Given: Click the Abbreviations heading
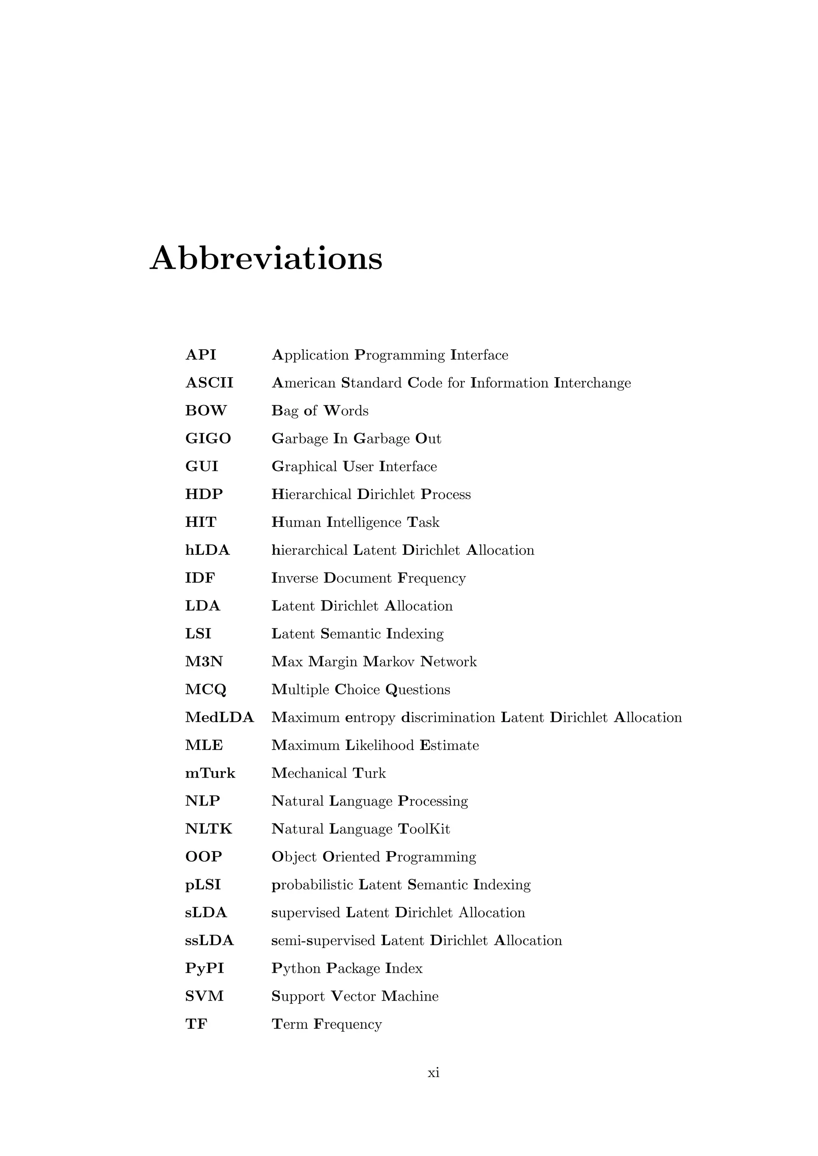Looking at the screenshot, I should (266, 258).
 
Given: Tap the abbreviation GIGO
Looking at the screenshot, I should (208, 439).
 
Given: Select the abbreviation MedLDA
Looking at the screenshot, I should (219, 717).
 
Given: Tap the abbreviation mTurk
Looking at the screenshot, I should (210, 773).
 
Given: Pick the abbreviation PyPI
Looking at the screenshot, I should (204, 968).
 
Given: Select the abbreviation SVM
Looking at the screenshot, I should (204, 996).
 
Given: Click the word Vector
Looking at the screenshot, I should (353, 996).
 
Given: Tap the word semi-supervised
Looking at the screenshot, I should (323, 940).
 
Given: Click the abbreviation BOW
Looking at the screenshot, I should (206, 410).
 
